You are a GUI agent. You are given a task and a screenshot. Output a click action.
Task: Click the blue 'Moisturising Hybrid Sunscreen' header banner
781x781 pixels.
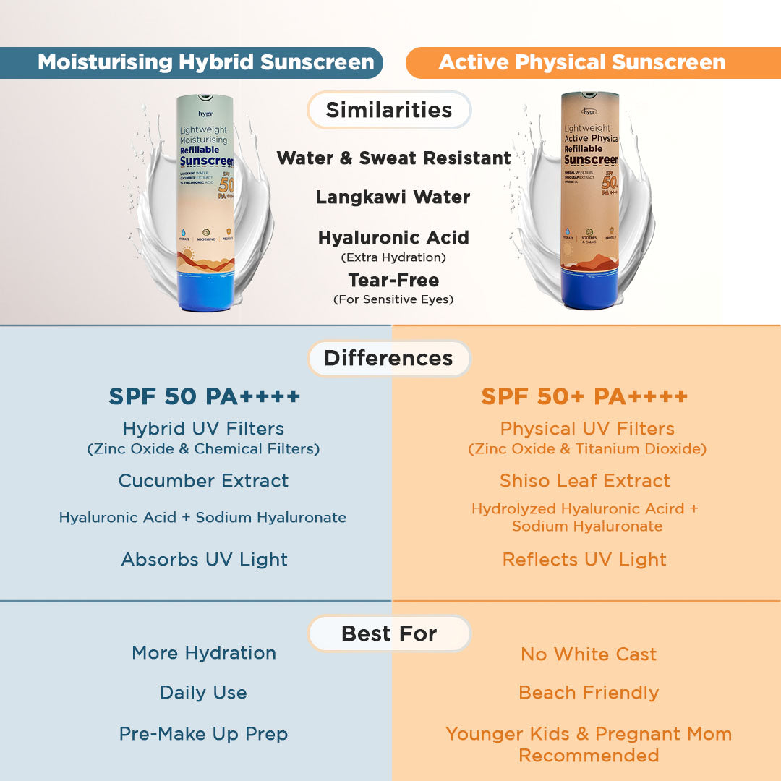coord(206,62)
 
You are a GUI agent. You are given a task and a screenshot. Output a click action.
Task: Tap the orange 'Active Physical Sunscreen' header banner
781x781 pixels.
coord(582,62)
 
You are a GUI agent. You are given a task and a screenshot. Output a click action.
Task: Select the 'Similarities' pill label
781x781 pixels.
coord(389,110)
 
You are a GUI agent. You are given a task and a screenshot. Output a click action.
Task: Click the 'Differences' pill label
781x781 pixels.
coord(389,358)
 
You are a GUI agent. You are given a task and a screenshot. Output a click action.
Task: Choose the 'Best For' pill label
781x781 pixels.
coord(389,633)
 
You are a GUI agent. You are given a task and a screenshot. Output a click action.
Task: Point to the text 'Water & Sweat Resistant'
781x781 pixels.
coord(393,158)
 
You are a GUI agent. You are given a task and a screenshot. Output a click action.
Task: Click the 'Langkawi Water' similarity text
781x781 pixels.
coord(393,197)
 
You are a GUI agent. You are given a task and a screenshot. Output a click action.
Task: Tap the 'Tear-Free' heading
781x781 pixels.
coord(393,280)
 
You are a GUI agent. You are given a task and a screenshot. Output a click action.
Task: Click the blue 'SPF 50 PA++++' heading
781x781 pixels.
coord(205,396)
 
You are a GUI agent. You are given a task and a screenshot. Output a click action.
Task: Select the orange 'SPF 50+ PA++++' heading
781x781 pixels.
coord(584,396)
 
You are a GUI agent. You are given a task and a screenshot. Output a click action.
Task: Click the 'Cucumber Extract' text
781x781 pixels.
coord(203,481)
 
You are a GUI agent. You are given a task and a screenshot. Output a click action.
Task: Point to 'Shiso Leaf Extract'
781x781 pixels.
coord(585,481)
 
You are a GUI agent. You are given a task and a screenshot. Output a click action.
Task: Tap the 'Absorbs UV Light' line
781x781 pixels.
coord(205,559)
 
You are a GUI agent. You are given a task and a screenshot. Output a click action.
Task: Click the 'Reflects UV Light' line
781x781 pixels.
coord(584,559)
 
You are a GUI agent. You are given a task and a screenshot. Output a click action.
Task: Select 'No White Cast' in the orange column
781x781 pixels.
coord(589,654)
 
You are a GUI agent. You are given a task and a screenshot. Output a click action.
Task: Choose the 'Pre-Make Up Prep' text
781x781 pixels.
coord(203,734)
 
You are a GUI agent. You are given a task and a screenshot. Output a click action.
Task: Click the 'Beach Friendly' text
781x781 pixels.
coord(589,693)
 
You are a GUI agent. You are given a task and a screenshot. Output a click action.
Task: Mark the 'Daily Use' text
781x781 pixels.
coord(203,693)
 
